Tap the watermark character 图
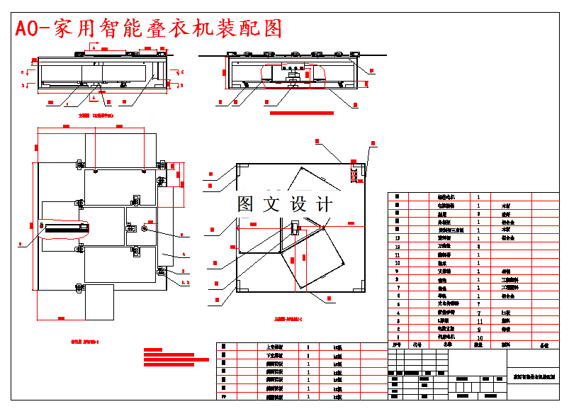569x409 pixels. (246, 204)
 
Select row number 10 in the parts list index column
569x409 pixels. (398, 263)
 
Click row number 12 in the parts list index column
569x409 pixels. (398, 247)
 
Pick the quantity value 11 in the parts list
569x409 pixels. (480, 321)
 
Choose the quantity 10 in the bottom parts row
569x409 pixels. (480, 338)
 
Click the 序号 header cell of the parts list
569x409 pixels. (398, 346)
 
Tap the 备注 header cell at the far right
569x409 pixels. (544, 346)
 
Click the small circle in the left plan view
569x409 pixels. (145, 228)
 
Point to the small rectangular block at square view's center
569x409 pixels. (295, 228)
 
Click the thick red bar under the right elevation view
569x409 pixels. (301, 112)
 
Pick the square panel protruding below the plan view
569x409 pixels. (99, 301)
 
